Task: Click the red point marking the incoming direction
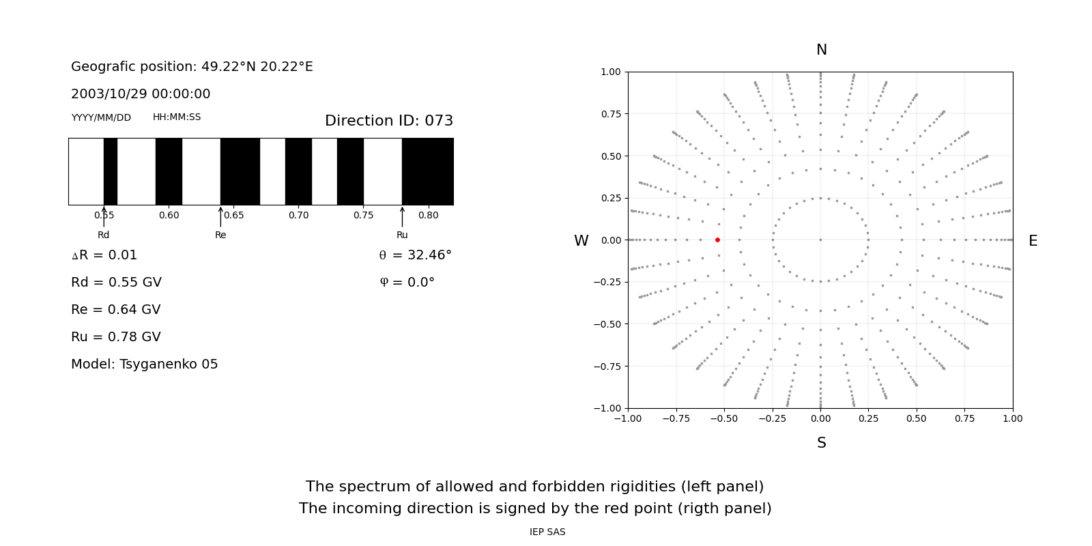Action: click(717, 240)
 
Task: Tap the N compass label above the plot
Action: click(821, 50)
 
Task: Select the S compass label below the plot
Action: click(821, 443)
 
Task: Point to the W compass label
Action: click(581, 241)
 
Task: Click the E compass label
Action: click(1033, 241)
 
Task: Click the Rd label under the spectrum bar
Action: click(104, 235)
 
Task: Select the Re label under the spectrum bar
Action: click(220, 235)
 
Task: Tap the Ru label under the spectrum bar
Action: click(402, 235)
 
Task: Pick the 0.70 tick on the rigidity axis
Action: click(298, 215)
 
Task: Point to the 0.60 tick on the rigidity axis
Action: click(169, 215)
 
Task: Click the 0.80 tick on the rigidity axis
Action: click(428, 215)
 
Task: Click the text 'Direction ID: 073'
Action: click(389, 121)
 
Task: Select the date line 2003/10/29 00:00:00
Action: click(141, 94)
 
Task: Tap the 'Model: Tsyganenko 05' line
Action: click(145, 364)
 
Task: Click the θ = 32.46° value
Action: click(415, 255)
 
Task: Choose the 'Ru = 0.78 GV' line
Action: click(116, 337)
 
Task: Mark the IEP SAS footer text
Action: click(547, 532)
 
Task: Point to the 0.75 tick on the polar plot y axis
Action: click(611, 114)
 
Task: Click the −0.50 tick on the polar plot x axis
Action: click(724, 418)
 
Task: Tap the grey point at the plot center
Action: click(820, 240)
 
